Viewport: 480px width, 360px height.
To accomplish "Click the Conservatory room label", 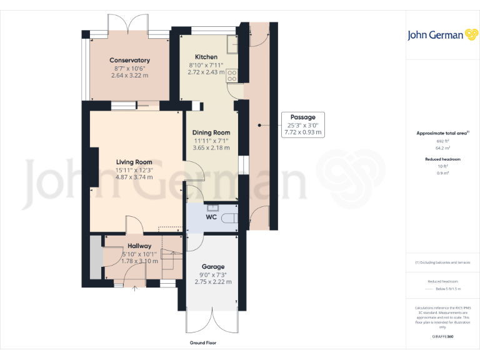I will click(129, 61).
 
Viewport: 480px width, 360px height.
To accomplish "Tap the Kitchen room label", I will click(206, 57).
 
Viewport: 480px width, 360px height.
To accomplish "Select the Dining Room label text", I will click(211, 132).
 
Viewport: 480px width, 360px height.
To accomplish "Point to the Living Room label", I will click(134, 162).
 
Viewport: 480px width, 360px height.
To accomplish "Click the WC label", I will click(211, 217).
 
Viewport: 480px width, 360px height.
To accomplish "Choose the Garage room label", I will click(212, 267).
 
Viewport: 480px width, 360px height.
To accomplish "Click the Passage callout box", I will click(302, 124).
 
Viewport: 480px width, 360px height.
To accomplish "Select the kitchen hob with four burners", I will click(232, 76).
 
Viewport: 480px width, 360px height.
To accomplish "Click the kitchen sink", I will click(231, 44).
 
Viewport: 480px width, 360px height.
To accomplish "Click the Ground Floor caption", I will click(203, 343).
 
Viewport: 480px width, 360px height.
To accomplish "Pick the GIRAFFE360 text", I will click(442, 336).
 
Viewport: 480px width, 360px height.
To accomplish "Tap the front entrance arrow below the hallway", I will click(134, 289).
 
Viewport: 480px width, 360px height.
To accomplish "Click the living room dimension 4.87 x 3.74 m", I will click(134, 177).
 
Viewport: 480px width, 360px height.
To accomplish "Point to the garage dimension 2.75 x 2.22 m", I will click(212, 282).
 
